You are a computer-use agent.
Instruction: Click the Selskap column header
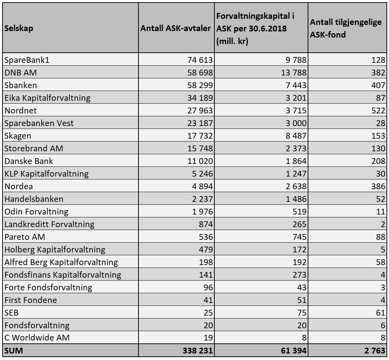pos(18,28)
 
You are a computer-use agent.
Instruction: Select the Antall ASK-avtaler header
pos(175,28)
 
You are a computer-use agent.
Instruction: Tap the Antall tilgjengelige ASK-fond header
pos(346,28)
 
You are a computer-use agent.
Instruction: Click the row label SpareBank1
pos(27,60)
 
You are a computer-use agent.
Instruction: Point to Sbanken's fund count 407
pos(378,85)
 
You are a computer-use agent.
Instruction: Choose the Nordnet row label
pos(21,110)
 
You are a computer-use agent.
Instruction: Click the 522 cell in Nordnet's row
pos(378,110)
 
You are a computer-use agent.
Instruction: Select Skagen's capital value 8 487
pos(296,136)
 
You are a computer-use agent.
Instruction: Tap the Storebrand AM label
pos(34,148)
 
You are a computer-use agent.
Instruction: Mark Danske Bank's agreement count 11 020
pos(200,161)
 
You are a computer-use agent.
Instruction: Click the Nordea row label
pos(18,186)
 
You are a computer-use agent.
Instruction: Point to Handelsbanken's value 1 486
pos(296,199)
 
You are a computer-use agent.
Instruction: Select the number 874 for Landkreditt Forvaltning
pos(206,224)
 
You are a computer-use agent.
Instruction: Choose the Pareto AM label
pos(25,237)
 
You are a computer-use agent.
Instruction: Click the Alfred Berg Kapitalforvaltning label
pos(61,262)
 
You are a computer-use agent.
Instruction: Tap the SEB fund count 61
pos(381,313)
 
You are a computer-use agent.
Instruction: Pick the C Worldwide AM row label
pos(37,338)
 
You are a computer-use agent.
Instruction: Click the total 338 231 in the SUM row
pos(197,351)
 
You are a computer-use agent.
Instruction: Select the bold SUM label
pos(14,351)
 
